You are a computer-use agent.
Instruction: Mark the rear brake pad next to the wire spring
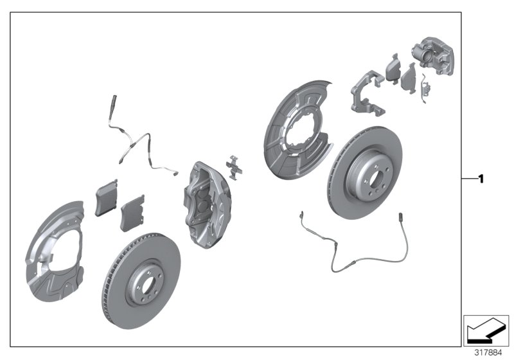(x=408, y=79)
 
